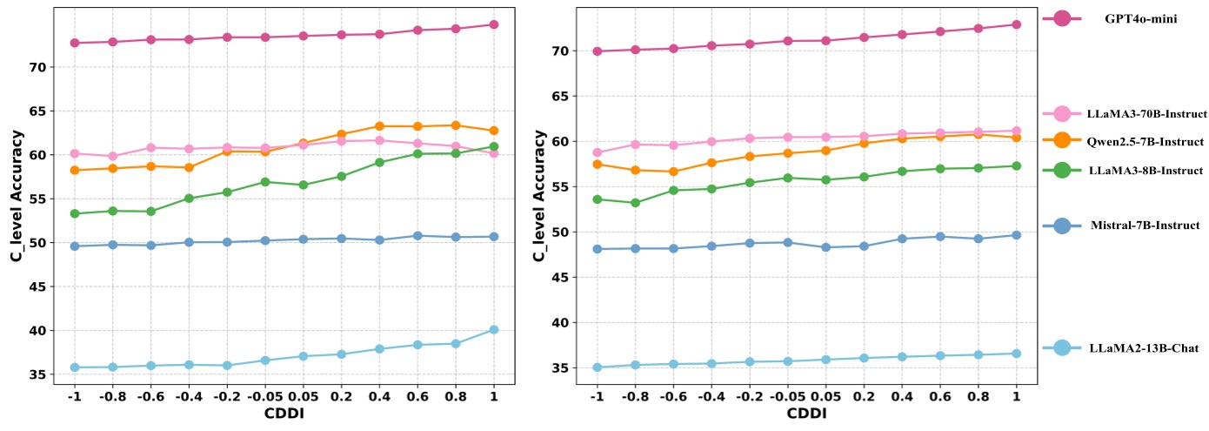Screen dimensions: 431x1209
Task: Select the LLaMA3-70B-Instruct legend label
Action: [1146, 114]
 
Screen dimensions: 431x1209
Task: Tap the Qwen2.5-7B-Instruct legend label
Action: [1146, 141]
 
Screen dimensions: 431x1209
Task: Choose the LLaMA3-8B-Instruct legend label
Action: [1145, 171]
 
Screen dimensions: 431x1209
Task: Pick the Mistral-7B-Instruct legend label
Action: [1145, 226]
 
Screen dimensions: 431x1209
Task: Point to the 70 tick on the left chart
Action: [49, 67]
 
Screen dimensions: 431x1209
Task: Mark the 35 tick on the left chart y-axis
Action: [49, 375]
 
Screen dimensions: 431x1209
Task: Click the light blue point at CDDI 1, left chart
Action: [494, 329]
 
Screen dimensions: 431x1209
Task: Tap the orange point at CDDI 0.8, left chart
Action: [456, 125]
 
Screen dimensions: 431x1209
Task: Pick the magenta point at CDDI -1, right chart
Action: [596, 51]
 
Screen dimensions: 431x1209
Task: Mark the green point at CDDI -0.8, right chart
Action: [635, 203]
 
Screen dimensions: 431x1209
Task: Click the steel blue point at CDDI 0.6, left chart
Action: [417, 235]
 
